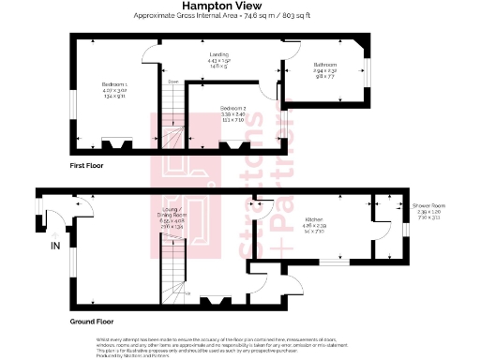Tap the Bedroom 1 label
(x=113, y=84)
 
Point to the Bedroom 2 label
(x=231, y=108)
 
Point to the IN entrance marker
(x=55, y=247)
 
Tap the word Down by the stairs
(x=172, y=82)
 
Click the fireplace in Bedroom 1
(x=116, y=144)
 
